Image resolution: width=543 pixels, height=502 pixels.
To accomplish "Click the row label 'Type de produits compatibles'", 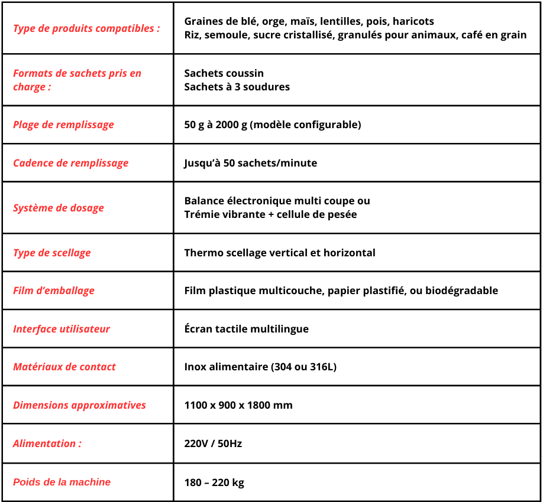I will coord(86,28).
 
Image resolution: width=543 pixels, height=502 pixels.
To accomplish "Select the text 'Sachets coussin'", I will coord(224,73).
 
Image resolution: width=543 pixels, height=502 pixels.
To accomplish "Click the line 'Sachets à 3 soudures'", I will coord(237,87).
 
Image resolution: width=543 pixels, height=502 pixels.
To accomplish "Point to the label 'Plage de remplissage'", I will coord(63,125).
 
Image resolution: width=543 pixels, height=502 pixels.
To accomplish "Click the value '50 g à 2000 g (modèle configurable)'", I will coord(272,125).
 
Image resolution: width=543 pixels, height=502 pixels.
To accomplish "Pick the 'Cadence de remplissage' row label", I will coord(70,163).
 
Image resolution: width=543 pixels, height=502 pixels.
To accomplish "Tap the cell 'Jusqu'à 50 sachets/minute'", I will coord(250,163).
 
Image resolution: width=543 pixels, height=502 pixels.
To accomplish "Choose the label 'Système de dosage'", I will coord(59,208).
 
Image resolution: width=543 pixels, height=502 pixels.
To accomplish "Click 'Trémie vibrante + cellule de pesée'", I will coord(270,214).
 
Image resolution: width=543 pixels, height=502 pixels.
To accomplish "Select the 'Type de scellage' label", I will coord(52,253).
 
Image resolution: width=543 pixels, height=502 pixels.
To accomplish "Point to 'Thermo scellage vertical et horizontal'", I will coord(280,253).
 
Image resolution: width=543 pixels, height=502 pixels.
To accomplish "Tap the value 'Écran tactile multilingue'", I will coord(246,329).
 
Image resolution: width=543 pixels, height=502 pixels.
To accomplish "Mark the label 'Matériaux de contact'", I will coord(64,367).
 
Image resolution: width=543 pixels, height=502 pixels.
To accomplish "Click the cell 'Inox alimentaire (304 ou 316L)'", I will coord(260,367).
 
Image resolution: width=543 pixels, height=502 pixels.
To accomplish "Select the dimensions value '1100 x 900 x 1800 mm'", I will coord(238,405).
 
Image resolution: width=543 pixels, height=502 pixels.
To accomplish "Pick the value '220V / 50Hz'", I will coord(213,444).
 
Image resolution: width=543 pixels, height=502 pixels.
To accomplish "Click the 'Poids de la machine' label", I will coord(62,482).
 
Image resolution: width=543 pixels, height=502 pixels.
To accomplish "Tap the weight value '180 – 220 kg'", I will coord(214,483).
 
